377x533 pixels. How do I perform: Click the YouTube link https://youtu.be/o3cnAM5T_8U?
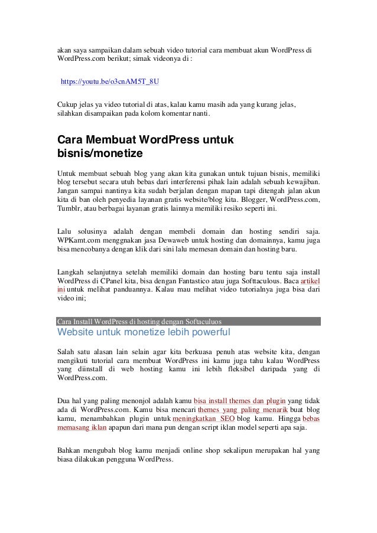pos(109,79)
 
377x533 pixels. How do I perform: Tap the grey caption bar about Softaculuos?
pos(188,322)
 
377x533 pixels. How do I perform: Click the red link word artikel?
pos(311,280)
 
